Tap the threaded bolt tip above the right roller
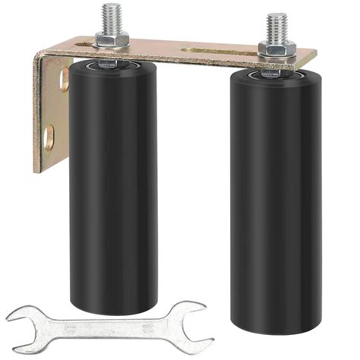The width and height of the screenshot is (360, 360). coord(276,22)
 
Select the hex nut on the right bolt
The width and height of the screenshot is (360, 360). coord(276,49)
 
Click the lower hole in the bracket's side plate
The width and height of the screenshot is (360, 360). coord(49,136)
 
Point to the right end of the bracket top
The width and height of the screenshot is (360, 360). coord(311,55)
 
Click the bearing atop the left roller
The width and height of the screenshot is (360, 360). coord(107,64)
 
